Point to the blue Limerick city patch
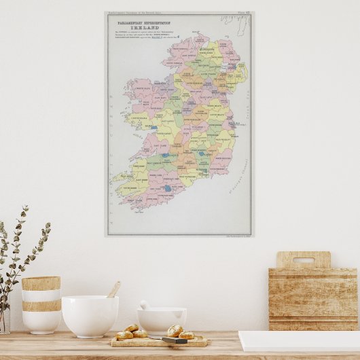(164, 156)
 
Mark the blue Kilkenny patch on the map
(201, 154)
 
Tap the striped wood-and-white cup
(41, 304)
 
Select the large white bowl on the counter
(90, 315)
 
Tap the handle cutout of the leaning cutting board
(303, 260)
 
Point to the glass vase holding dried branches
(4, 319)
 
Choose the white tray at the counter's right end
(299, 340)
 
